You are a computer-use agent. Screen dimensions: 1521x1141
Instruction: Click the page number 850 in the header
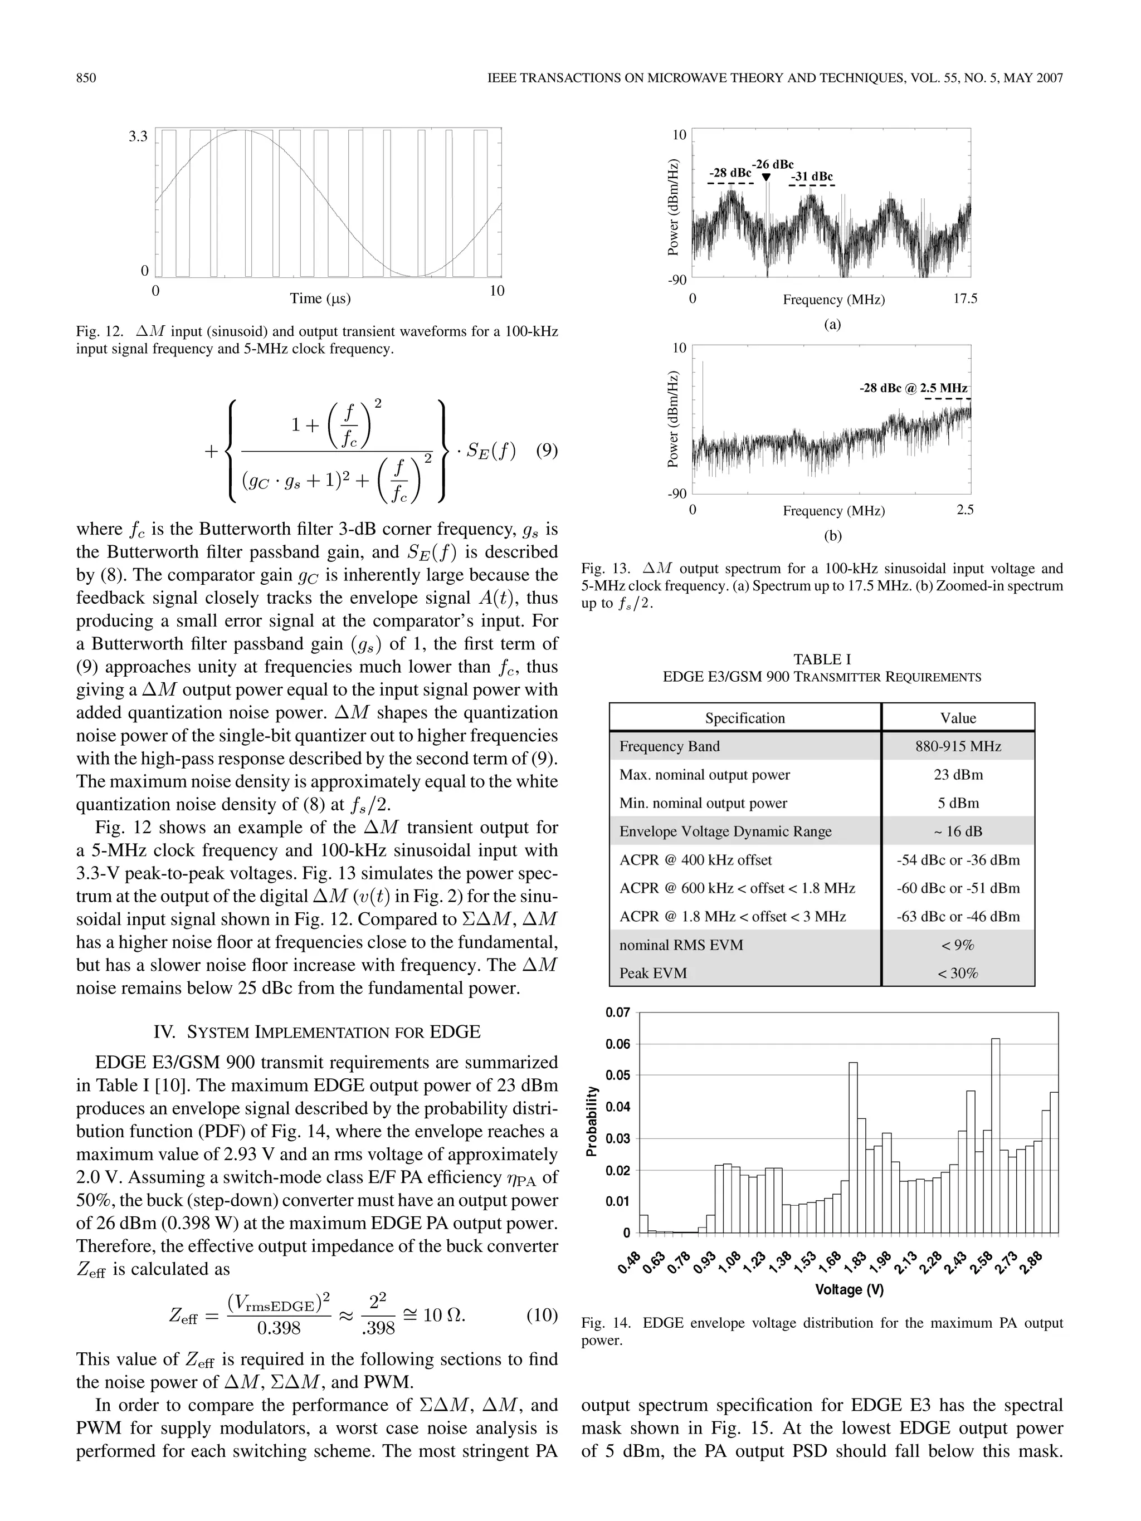[86, 78]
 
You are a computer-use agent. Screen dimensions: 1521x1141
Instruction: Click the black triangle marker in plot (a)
[766, 178]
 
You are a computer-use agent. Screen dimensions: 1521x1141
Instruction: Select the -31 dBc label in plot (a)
[812, 177]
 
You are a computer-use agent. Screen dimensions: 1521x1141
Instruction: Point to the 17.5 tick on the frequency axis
[965, 299]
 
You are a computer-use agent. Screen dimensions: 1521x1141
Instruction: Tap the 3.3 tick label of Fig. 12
[138, 136]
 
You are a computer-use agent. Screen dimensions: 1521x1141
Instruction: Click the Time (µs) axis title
[320, 299]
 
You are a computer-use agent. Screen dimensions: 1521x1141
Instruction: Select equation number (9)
[546, 451]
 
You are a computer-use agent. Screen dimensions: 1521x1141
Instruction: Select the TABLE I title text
[821, 659]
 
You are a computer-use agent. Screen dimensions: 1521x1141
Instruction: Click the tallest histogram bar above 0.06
[995, 1134]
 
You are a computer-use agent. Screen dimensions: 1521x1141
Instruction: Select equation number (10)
[542, 1315]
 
